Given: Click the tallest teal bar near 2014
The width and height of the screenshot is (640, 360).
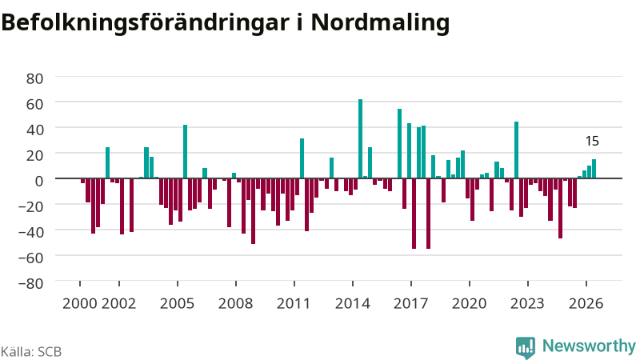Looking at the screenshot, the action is [361, 138].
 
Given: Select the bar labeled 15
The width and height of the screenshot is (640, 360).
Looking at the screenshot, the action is [594, 169].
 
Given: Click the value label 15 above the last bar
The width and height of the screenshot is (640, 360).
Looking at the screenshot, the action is [592, 142].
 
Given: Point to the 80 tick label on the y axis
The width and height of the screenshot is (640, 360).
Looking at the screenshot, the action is [34, 78].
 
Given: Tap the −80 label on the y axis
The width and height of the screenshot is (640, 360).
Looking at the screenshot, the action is [31, 283].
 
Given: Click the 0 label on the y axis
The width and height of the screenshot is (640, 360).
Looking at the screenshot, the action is [39, 181].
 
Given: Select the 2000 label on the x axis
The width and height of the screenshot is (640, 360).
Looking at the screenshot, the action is [79, 303].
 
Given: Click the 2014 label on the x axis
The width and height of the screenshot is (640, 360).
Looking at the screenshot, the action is [353, 303].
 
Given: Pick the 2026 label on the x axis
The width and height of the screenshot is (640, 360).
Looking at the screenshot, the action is [586, 303].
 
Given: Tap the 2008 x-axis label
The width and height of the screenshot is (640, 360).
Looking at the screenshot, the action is [235, 303].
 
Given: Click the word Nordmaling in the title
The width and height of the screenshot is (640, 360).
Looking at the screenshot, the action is [380, 22].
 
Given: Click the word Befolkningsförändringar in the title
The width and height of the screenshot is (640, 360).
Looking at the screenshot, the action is [146, 22].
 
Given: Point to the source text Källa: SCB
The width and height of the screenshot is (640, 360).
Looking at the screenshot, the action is [31, 351].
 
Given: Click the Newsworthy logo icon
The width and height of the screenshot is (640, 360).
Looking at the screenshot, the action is [526, 347].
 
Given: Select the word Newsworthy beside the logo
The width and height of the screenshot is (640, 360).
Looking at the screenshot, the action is [589, 346].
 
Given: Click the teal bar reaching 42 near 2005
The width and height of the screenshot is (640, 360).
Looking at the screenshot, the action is [186, 151].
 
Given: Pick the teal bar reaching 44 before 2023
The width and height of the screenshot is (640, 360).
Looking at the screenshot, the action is [516, 150].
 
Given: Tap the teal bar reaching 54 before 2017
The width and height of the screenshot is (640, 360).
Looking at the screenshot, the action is [399, 144].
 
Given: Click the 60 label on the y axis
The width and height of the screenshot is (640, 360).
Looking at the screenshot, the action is [34, 104].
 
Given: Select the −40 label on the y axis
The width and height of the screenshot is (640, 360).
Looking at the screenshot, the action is [31, 232].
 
